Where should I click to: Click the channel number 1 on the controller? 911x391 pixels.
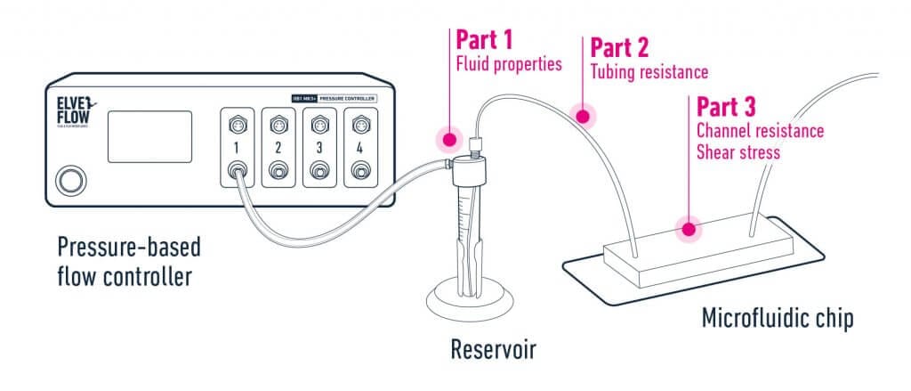click(x=238, y=145)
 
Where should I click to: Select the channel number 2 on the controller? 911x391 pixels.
click(x=278, y=145)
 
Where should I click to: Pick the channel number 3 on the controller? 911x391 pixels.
click(x=319, y=145)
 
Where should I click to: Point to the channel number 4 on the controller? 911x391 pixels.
click(x=359, y=145)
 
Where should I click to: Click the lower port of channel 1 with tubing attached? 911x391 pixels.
click(x=238, y=168)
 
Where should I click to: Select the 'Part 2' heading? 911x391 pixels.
click(x=619, y=47)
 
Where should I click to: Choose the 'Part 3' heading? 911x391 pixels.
click(x=726, y=108)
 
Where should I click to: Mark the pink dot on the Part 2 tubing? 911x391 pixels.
click(x=584, y=115)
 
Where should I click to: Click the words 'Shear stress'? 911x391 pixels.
click(x=738, y=152)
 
